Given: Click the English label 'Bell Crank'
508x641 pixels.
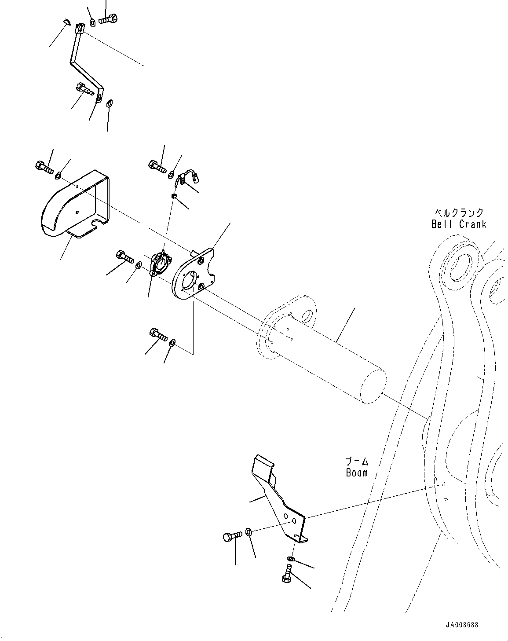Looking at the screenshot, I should [459, 224].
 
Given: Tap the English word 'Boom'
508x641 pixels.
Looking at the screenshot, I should [356, 473].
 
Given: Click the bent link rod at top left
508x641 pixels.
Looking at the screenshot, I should [86, 62].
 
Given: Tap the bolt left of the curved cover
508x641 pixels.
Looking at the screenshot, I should [44, 168].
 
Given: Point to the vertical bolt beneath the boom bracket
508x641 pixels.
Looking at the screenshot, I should [286, 574].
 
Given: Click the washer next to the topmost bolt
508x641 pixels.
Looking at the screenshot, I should [92, 22].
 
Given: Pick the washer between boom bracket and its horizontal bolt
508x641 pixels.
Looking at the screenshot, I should [249, 532].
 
